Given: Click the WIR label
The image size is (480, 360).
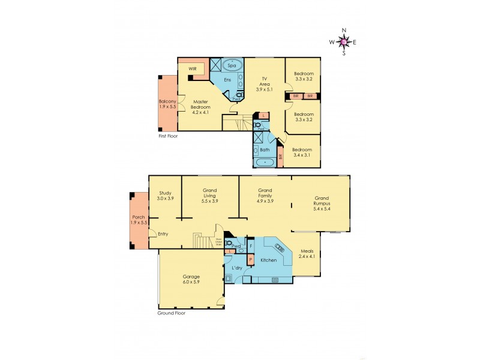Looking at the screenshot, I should [193, 69].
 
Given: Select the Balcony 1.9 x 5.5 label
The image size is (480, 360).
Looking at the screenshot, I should [167, 105].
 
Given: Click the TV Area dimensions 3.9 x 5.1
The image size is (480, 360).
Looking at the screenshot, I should [263, 90].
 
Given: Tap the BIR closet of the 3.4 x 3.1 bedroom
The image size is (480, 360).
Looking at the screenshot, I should [280, 157].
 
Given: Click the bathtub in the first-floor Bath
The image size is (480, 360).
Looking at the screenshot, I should [265, 162].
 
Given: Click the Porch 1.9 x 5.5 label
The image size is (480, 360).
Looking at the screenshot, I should [139, 219].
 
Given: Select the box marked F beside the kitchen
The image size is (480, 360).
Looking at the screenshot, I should [251, 245].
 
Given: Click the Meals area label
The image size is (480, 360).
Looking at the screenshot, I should [307, 253].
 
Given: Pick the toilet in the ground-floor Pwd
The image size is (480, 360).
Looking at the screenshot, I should [229, 243].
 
